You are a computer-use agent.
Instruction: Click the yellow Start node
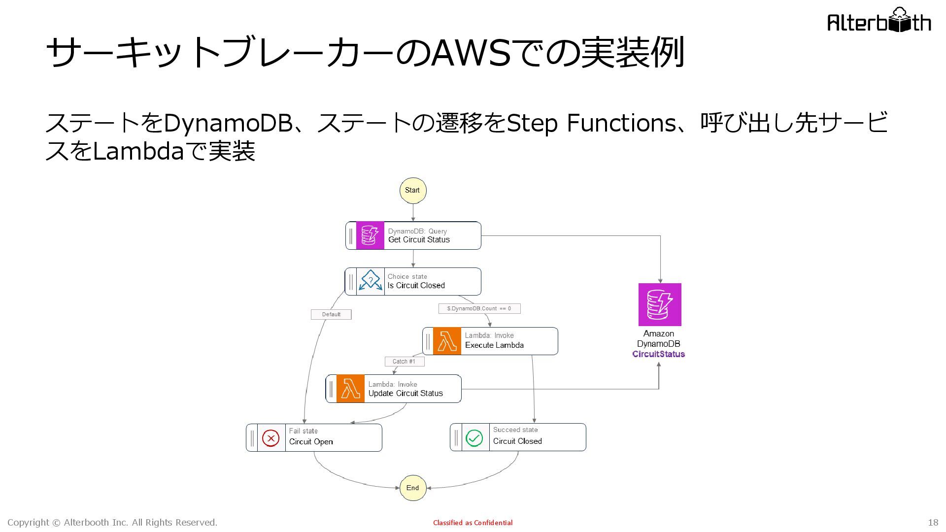click(413, 191)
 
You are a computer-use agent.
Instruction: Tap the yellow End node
click(413, 488)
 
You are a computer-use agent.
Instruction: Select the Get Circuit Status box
click(413, 235)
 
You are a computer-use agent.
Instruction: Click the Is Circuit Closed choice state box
click(413, 281)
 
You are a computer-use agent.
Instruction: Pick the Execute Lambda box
click(490, 341)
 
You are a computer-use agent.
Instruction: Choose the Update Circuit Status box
click(394, 389)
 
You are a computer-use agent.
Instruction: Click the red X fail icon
click(271, 438)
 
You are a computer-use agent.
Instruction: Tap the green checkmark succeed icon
click(474, 438)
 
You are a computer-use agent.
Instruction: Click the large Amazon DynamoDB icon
click(660, 304)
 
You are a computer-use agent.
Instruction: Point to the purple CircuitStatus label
click(659, 354)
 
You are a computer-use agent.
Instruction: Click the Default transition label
click(331, 314)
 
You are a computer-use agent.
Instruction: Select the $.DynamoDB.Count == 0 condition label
click(479, 308)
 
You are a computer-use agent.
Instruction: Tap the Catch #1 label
click(404, 362)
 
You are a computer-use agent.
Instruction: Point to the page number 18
click(933, 523)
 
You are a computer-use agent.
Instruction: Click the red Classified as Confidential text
click(473, 523)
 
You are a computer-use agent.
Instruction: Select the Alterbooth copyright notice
click(112, 523)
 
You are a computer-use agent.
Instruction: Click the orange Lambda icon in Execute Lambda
click(447, 341)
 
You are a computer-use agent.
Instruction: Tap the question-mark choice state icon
click(371, 281)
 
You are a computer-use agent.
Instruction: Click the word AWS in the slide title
click(471, 53)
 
